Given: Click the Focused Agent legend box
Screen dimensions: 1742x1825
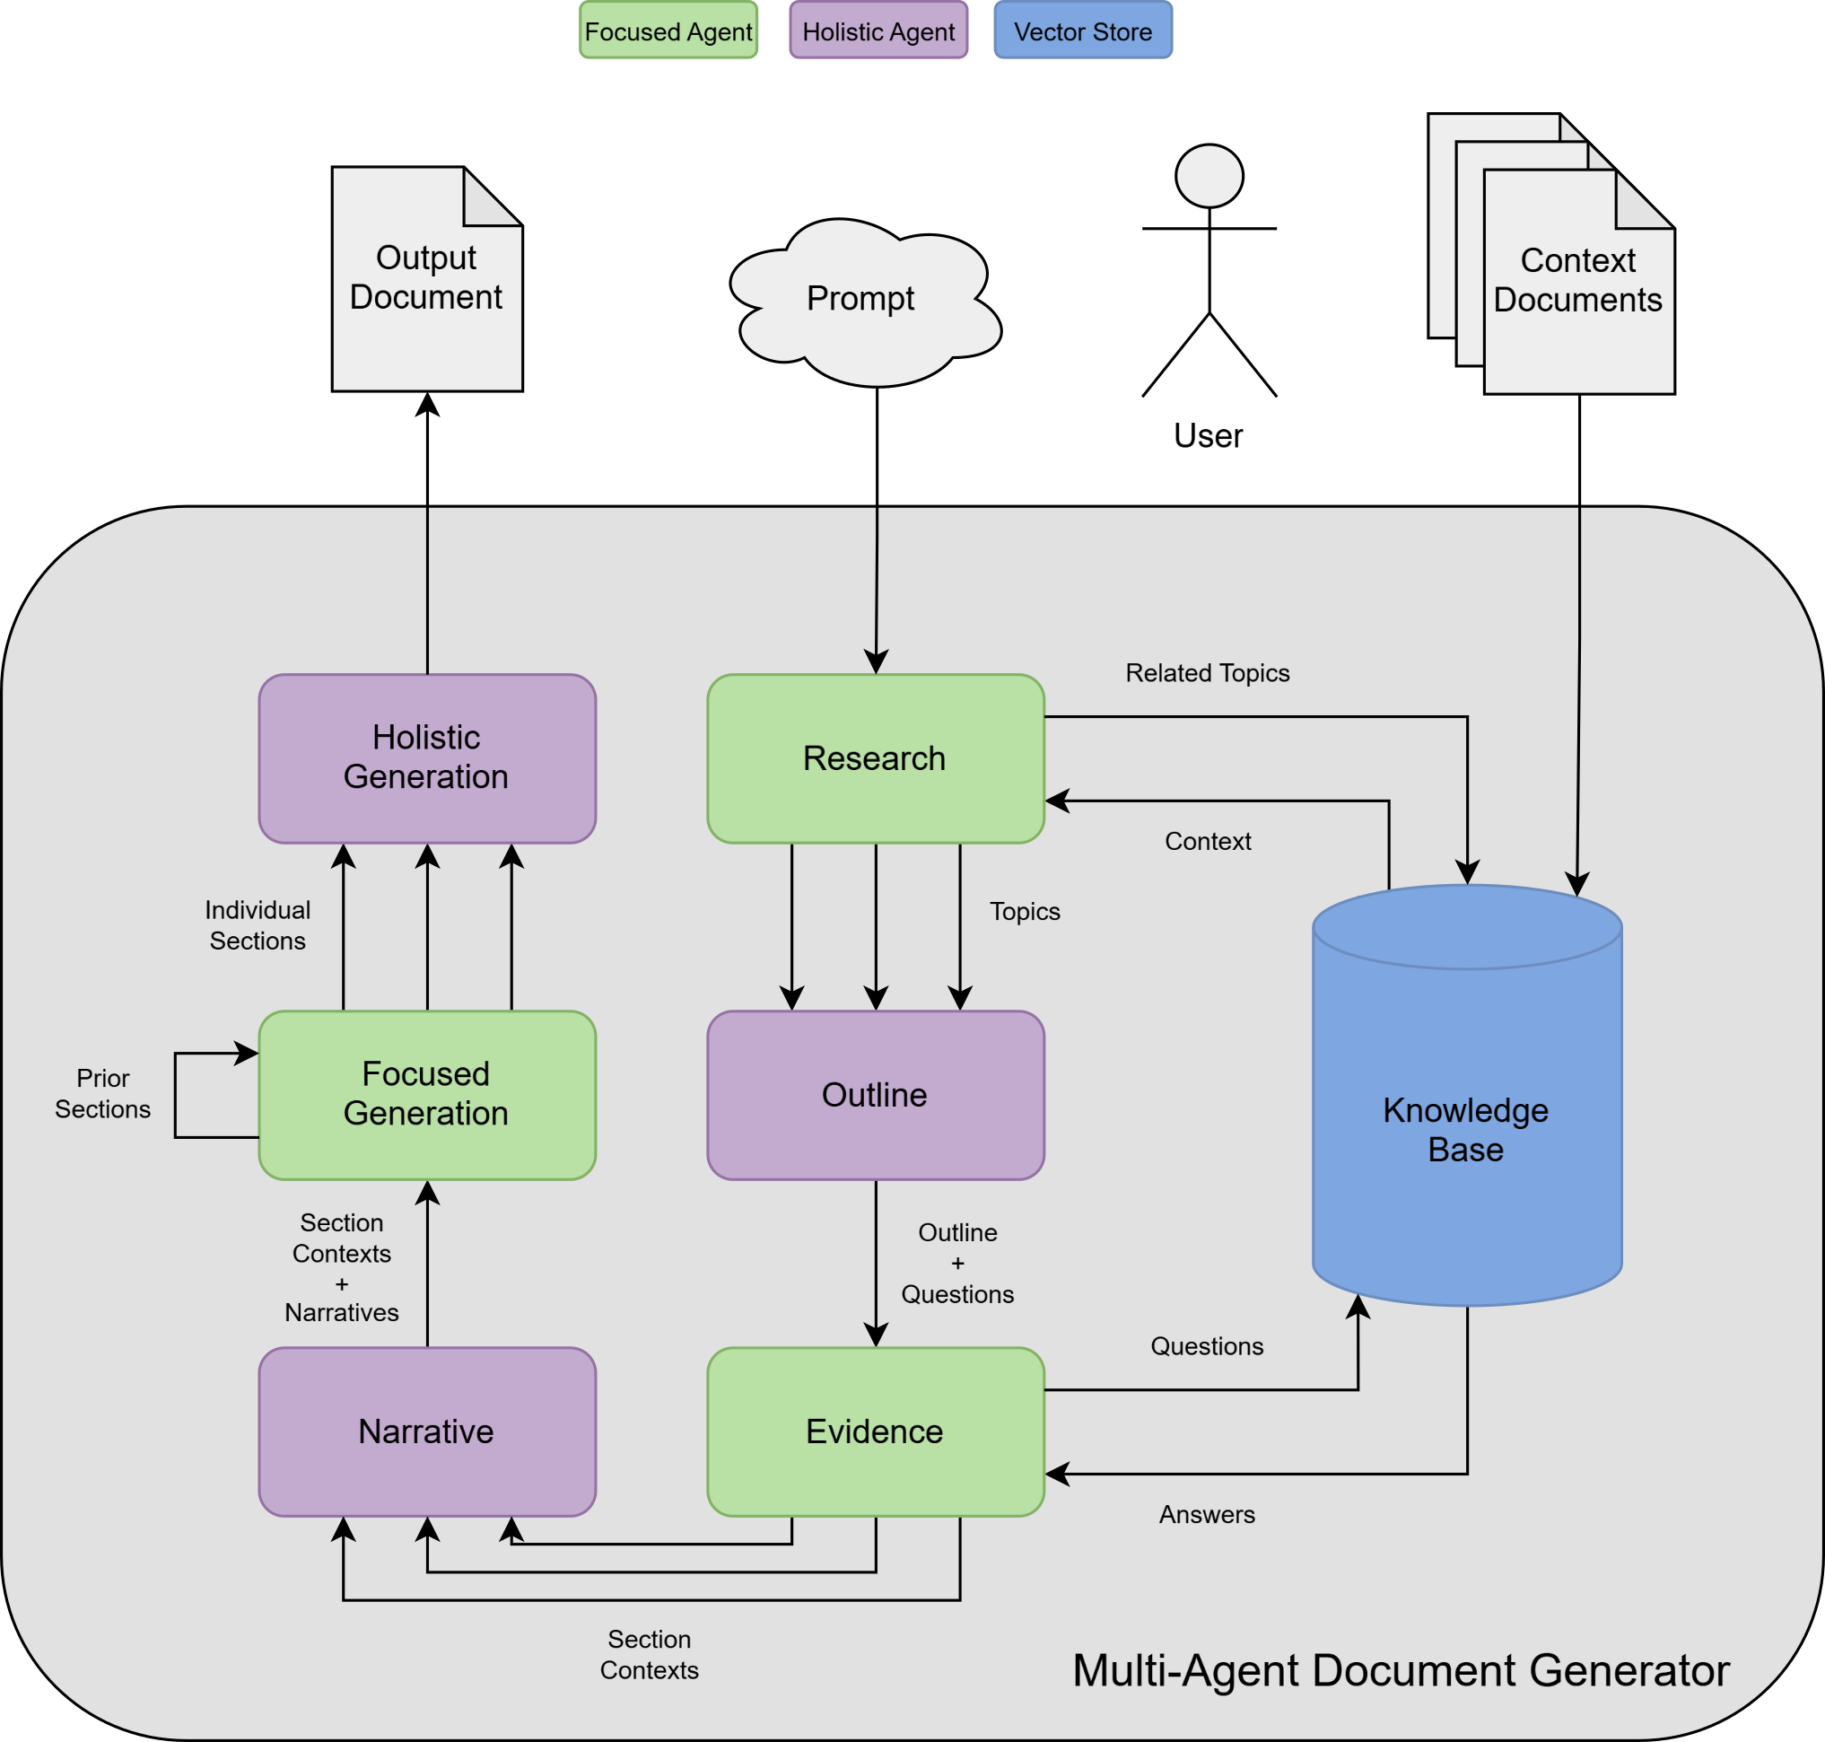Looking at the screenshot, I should coord(668,31).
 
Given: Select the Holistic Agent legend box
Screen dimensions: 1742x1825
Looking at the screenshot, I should coord(878,31).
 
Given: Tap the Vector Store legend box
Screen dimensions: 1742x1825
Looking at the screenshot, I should coord(1082,31).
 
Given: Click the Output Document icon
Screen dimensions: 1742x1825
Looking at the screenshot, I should coord(427,278).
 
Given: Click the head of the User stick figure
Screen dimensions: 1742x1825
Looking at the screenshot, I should coord(1209,176).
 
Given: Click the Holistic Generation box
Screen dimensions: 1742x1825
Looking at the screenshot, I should coord(427,758).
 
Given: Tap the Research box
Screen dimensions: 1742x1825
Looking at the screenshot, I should coord(876,758).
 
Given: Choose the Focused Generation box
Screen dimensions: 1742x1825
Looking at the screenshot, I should coord(427,1095).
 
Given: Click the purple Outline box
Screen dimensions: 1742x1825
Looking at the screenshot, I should coord(876,1095).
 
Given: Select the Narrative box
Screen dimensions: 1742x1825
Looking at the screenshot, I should coord(427,1431).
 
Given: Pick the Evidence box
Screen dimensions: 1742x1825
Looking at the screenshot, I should coord(876,1431).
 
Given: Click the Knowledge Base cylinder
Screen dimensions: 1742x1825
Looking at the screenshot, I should coord(1467,1128).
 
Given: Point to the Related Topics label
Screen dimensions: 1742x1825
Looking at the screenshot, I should coord(1207,673).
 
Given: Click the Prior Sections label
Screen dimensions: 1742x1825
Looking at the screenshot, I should coord(102,1094).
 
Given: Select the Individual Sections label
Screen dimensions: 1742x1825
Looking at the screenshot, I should coord(258,925).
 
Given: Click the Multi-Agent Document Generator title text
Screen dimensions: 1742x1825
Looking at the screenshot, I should coord(1401,1670).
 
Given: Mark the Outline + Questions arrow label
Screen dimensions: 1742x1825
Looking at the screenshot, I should coord(957,1263).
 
